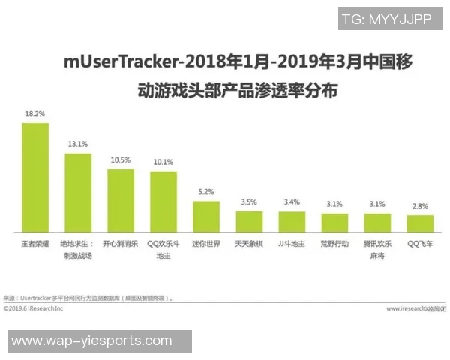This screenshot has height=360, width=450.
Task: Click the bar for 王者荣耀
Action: (x=35, y=177)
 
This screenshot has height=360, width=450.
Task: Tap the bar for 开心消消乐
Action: (x=121, y=200)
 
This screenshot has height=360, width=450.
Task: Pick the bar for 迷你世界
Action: (x=206, y=216)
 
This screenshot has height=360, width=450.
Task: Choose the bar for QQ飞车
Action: (x=420, y=223)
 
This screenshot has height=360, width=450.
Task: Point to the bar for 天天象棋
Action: (x=249, y=221)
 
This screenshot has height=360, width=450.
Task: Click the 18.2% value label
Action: (x=34, y=114)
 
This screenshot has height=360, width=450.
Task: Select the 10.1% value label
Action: (x=163, y=162)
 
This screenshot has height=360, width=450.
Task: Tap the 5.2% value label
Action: (x=206, y=192)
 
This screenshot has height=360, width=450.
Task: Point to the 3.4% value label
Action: (x=292, y=202)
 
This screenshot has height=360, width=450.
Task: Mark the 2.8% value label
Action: (x=420, y=205)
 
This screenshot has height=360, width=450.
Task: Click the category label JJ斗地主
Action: (x=292, y=244)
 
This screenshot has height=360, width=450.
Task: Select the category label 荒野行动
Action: (x=334, y=244)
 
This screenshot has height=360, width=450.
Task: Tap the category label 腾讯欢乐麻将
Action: (x=377, y=249)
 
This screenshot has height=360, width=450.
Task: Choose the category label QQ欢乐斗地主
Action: (x=163, y=249)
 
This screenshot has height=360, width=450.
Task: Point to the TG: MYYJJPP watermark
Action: (x=387, y=19)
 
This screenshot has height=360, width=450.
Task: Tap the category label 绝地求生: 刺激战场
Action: (x=78, y=249)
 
